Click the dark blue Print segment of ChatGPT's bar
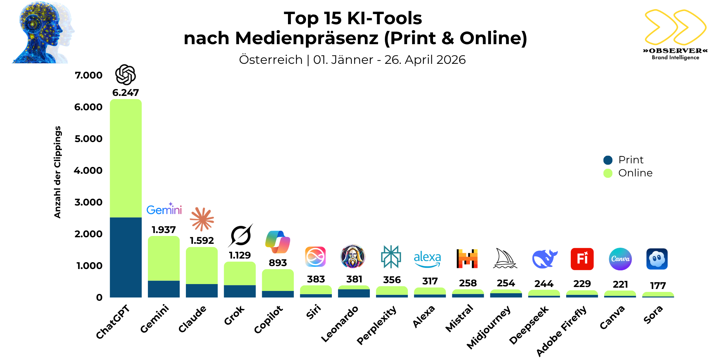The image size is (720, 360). [126, 257]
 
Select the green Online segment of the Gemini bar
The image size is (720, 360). [164, 259]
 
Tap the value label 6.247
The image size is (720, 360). [126, 93]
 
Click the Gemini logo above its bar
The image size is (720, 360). [164, 209]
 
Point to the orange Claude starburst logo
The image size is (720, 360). [202, 219]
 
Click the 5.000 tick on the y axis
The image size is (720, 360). [88, 139]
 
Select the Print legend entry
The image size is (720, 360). [623, 160]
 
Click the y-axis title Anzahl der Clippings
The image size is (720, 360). [58, 172]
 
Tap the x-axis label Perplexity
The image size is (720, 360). [377, 325]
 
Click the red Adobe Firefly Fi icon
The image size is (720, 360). [582, 259]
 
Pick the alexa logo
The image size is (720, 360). [427, 259]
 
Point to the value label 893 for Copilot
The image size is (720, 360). [278, 263]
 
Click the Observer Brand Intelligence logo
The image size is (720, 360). [675, 34]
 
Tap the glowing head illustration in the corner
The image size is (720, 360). [43, 33]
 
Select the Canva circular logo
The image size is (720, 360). [620, 259]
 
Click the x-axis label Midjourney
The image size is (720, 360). [488, 327]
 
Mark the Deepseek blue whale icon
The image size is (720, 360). [544, 259]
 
